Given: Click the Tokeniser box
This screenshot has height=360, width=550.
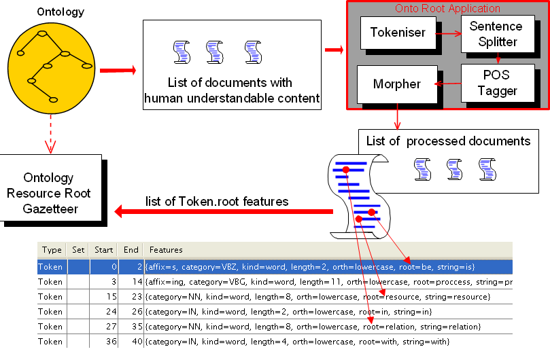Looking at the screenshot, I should (x=398, y=33).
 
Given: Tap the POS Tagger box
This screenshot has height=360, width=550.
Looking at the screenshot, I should (x=497, y=83).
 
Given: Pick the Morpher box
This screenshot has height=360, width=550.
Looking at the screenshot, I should (x=396, y=85).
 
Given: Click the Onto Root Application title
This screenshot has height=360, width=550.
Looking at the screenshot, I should (x=447, y=9).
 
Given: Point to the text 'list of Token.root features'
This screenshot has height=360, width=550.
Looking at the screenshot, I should (x=217, y=201).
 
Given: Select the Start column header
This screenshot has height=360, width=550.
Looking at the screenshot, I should (x=104, y=250).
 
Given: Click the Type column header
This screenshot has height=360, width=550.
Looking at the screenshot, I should (x=52, y=250).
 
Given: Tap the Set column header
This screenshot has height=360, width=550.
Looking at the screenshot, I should (x=78, y=250).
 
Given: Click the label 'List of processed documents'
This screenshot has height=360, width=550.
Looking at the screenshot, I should (x=448, y=141).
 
